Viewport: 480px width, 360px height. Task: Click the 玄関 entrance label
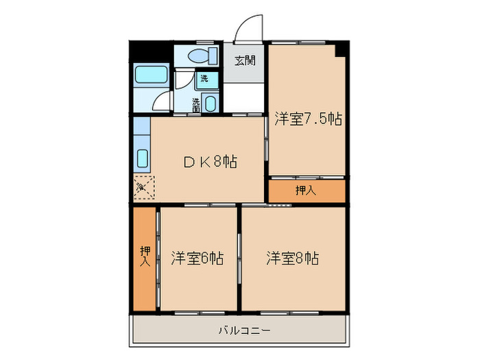pos(245,60)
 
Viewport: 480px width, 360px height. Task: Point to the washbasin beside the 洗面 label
pos(211,104)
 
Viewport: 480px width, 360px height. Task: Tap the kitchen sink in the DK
pos(143,159)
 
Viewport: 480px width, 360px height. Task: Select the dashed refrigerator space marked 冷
pos(145,187)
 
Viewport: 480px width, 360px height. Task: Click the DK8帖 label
pos(210,163)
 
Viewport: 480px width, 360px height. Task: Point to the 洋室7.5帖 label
pos(308,118)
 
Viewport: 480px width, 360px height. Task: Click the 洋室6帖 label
pos(197,259)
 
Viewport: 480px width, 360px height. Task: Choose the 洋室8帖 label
pos(293,259)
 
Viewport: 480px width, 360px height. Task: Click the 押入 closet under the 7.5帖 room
pos(306,191)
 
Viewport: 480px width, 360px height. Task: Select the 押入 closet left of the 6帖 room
pos(145,257)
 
